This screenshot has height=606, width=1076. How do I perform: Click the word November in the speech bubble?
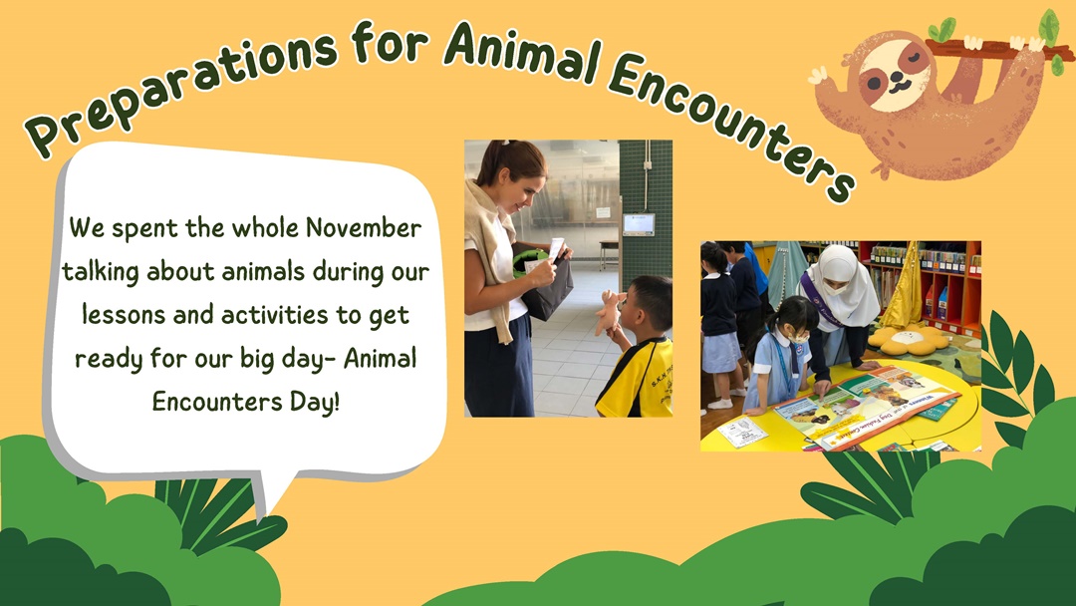coord(364,228)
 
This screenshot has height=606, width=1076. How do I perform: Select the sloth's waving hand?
coord(821,76)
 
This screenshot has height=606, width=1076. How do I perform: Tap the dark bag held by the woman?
coord(547,285)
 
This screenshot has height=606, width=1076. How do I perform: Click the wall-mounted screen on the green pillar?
coord(639,224)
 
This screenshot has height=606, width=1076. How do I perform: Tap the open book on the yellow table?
coord(866,405)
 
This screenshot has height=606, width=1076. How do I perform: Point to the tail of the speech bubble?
coord(271,490)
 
